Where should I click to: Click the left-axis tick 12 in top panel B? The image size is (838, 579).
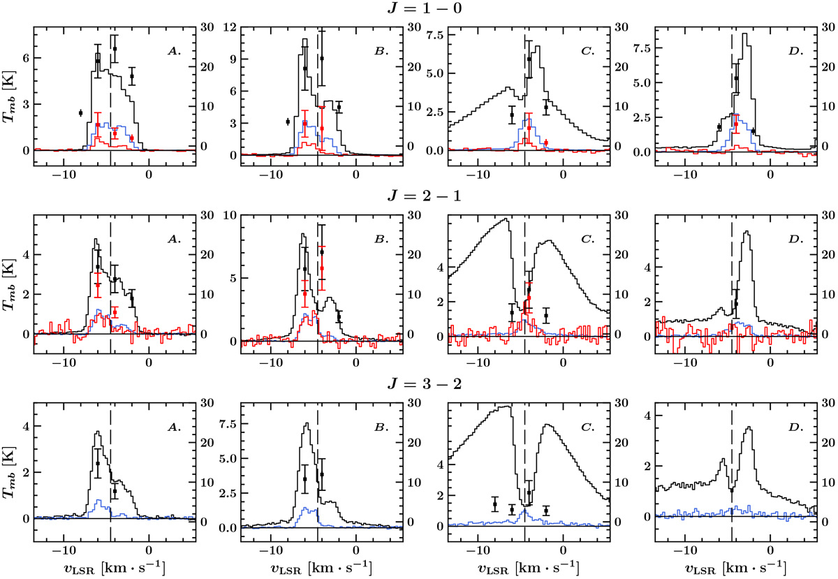tap(229, 28)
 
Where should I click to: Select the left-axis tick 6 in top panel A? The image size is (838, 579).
tap(27, 58)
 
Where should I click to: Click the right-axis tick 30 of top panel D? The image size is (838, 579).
tap(828, 28)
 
